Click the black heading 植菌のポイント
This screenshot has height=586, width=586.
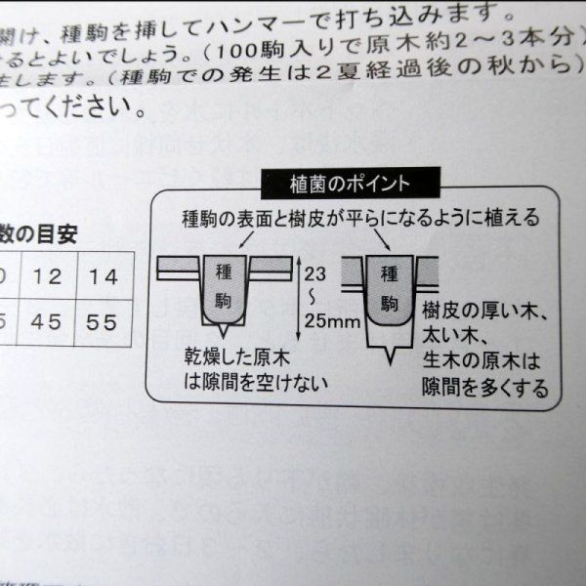[353, 183]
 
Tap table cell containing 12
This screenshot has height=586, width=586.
[48, 276]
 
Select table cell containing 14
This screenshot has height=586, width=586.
[104, 276]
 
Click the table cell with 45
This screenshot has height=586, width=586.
[48, 322]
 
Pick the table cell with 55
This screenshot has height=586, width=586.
[103, 322]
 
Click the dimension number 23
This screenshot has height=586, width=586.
[315, 275]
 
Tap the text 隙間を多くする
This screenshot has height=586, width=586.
[485, 388]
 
